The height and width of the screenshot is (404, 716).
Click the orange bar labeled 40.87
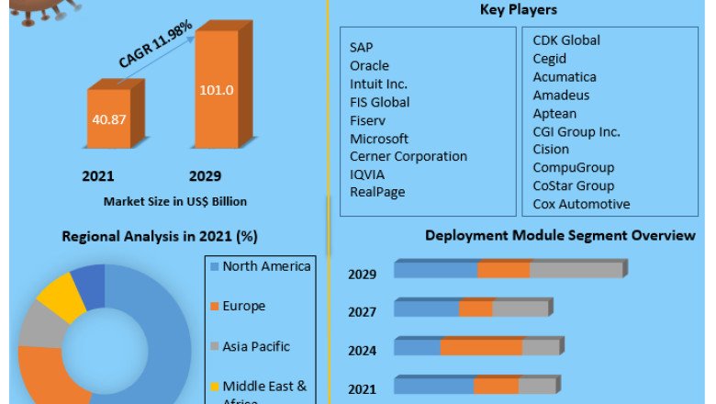(x=108, y=119)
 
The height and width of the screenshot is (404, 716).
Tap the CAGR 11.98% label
(x=156, y=44)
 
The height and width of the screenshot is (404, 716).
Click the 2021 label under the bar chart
(x=98, y=175)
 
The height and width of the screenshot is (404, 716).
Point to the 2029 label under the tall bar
(x=205, y=175)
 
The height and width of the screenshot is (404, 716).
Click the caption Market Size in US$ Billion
(x=174, y=200)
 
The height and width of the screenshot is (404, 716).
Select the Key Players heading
(x=519, y=10)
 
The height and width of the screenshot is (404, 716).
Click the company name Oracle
(x=369, y=65)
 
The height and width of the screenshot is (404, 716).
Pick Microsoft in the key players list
(x=379, y=138)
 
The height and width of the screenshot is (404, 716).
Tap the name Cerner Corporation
(x=408, y=156)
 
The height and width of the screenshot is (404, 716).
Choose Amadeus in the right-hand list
(x=561, y=95)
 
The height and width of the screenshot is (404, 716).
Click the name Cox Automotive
(x=581, y=204)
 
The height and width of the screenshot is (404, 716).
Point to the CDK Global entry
(x=566, y=40)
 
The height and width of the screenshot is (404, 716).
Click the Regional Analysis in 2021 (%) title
(x=159, y=236)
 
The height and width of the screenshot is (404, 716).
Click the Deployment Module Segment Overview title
(x=560, y=236)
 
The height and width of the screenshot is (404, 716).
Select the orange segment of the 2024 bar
(x=481, y=347)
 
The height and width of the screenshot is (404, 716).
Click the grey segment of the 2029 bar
(x=576, y=269)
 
